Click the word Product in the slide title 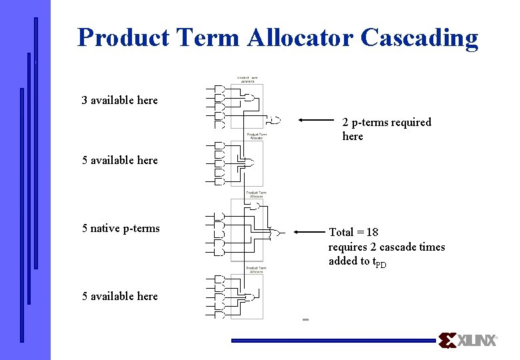(123, 37)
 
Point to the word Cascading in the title (419, 37)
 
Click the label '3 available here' (119, 100)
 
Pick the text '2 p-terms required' (387, 122)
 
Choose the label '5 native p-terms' (121, 228)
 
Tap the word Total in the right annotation (341, 232)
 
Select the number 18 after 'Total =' (372, 232)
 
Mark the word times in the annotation (432, 247)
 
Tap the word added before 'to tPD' (343, 261)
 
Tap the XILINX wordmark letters (477, 341)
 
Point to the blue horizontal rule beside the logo (333, 341)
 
